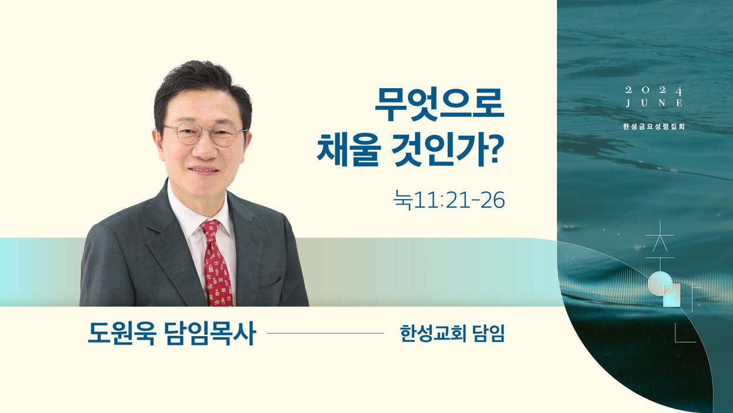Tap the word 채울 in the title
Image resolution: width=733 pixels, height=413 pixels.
pos(349,151)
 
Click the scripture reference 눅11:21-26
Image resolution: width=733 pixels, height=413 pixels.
pos(449,199)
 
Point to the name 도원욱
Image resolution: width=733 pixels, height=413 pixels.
pos(121,334)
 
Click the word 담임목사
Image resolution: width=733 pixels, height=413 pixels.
pos(211,334)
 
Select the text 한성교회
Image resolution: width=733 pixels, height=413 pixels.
pos(433,334)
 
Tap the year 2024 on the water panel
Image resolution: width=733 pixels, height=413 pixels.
pos(654,90)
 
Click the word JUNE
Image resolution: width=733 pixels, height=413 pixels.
pos(654,103)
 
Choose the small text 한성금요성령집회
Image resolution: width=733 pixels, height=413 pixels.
pos(654,126)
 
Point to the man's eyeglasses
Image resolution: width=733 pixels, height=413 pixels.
pos(205,133)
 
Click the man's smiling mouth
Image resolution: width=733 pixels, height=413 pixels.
pos(203,170)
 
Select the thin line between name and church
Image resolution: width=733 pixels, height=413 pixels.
pos(325,333)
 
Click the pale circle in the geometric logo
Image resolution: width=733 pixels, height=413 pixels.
pos(658,281)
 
